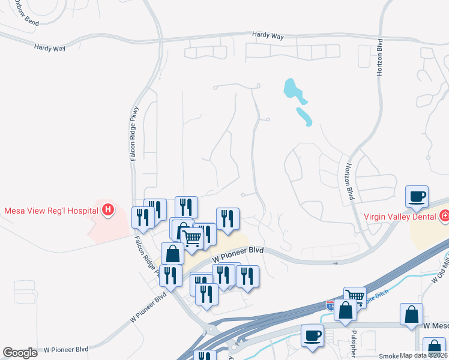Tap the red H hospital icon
click(x=108, y=209)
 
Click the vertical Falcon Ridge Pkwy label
click(x=134, y=133)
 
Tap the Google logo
click(x=20, y=353)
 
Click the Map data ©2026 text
click(x=422, y=355)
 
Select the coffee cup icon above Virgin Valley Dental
click(x=417, y=196)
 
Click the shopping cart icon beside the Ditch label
click(x=355, y=296)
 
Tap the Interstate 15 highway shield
click(x=331, y=305)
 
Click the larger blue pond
click(x=292, y=89)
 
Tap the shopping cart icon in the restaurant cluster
click(x=192, y=236)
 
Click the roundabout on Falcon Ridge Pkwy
click(x=211, y=329)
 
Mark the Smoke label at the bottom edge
click(x=388, y=355)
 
